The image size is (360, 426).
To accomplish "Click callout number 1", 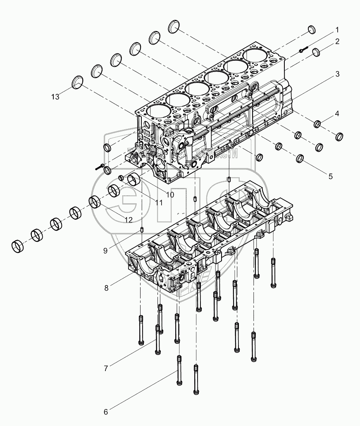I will point(337,30).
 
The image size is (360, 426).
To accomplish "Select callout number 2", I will point(337,41).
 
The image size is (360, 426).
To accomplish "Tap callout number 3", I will point(337,74).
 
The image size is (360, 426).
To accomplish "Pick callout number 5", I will point(330,176).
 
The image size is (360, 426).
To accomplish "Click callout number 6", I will point(105,412).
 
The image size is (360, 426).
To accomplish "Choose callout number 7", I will point(106,368).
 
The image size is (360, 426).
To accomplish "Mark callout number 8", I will point(106,288).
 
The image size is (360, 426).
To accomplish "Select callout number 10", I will point(159,194).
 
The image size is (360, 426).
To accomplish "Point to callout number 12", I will point(129,219).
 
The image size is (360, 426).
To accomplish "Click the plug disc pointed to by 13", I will point(77,82).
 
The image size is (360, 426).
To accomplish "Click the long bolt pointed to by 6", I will point(179,370).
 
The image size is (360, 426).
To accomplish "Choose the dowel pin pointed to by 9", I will point(142,230).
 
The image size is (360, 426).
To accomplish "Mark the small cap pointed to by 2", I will point(317,52).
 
